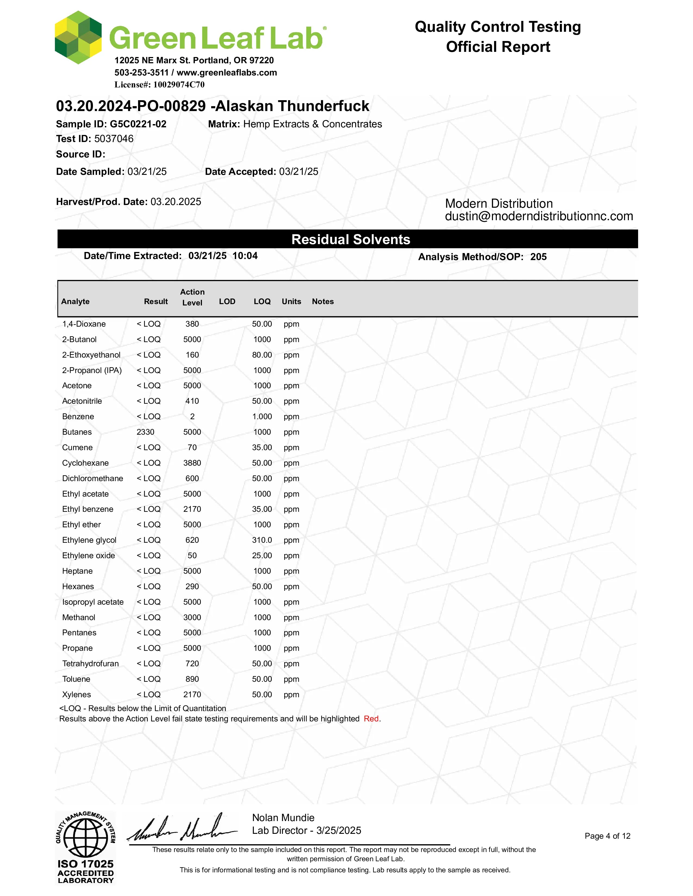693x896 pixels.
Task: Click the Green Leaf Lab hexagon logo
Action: [x=78, y=38]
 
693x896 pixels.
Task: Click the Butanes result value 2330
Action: [x=145, y=432]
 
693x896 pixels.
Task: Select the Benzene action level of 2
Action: [x=192, y=417]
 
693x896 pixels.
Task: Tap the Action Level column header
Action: [x=192, y=297]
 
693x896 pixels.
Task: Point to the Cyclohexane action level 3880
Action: [x=192, y=463]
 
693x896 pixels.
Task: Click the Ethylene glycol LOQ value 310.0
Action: [x=262, y=540]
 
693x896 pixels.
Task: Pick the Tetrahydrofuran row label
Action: [x=90, y=663]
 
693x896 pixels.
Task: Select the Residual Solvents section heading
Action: [x=351, y=239]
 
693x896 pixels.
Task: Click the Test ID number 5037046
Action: [x=114, y=139]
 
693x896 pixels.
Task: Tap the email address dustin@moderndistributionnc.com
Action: [x=539, y=216]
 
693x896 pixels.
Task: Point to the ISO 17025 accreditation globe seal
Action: [x=85, y=837]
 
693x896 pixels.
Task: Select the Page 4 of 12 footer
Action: [x=607, y=836]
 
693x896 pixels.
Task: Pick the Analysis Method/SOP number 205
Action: [x=538, y=257]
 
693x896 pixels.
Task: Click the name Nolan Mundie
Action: [x=283, y=818]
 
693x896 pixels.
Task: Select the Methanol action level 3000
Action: [x=192, y=617]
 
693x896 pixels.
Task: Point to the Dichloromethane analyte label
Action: [x=92, y=478]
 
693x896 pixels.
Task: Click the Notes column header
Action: [x=323, y=302]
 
